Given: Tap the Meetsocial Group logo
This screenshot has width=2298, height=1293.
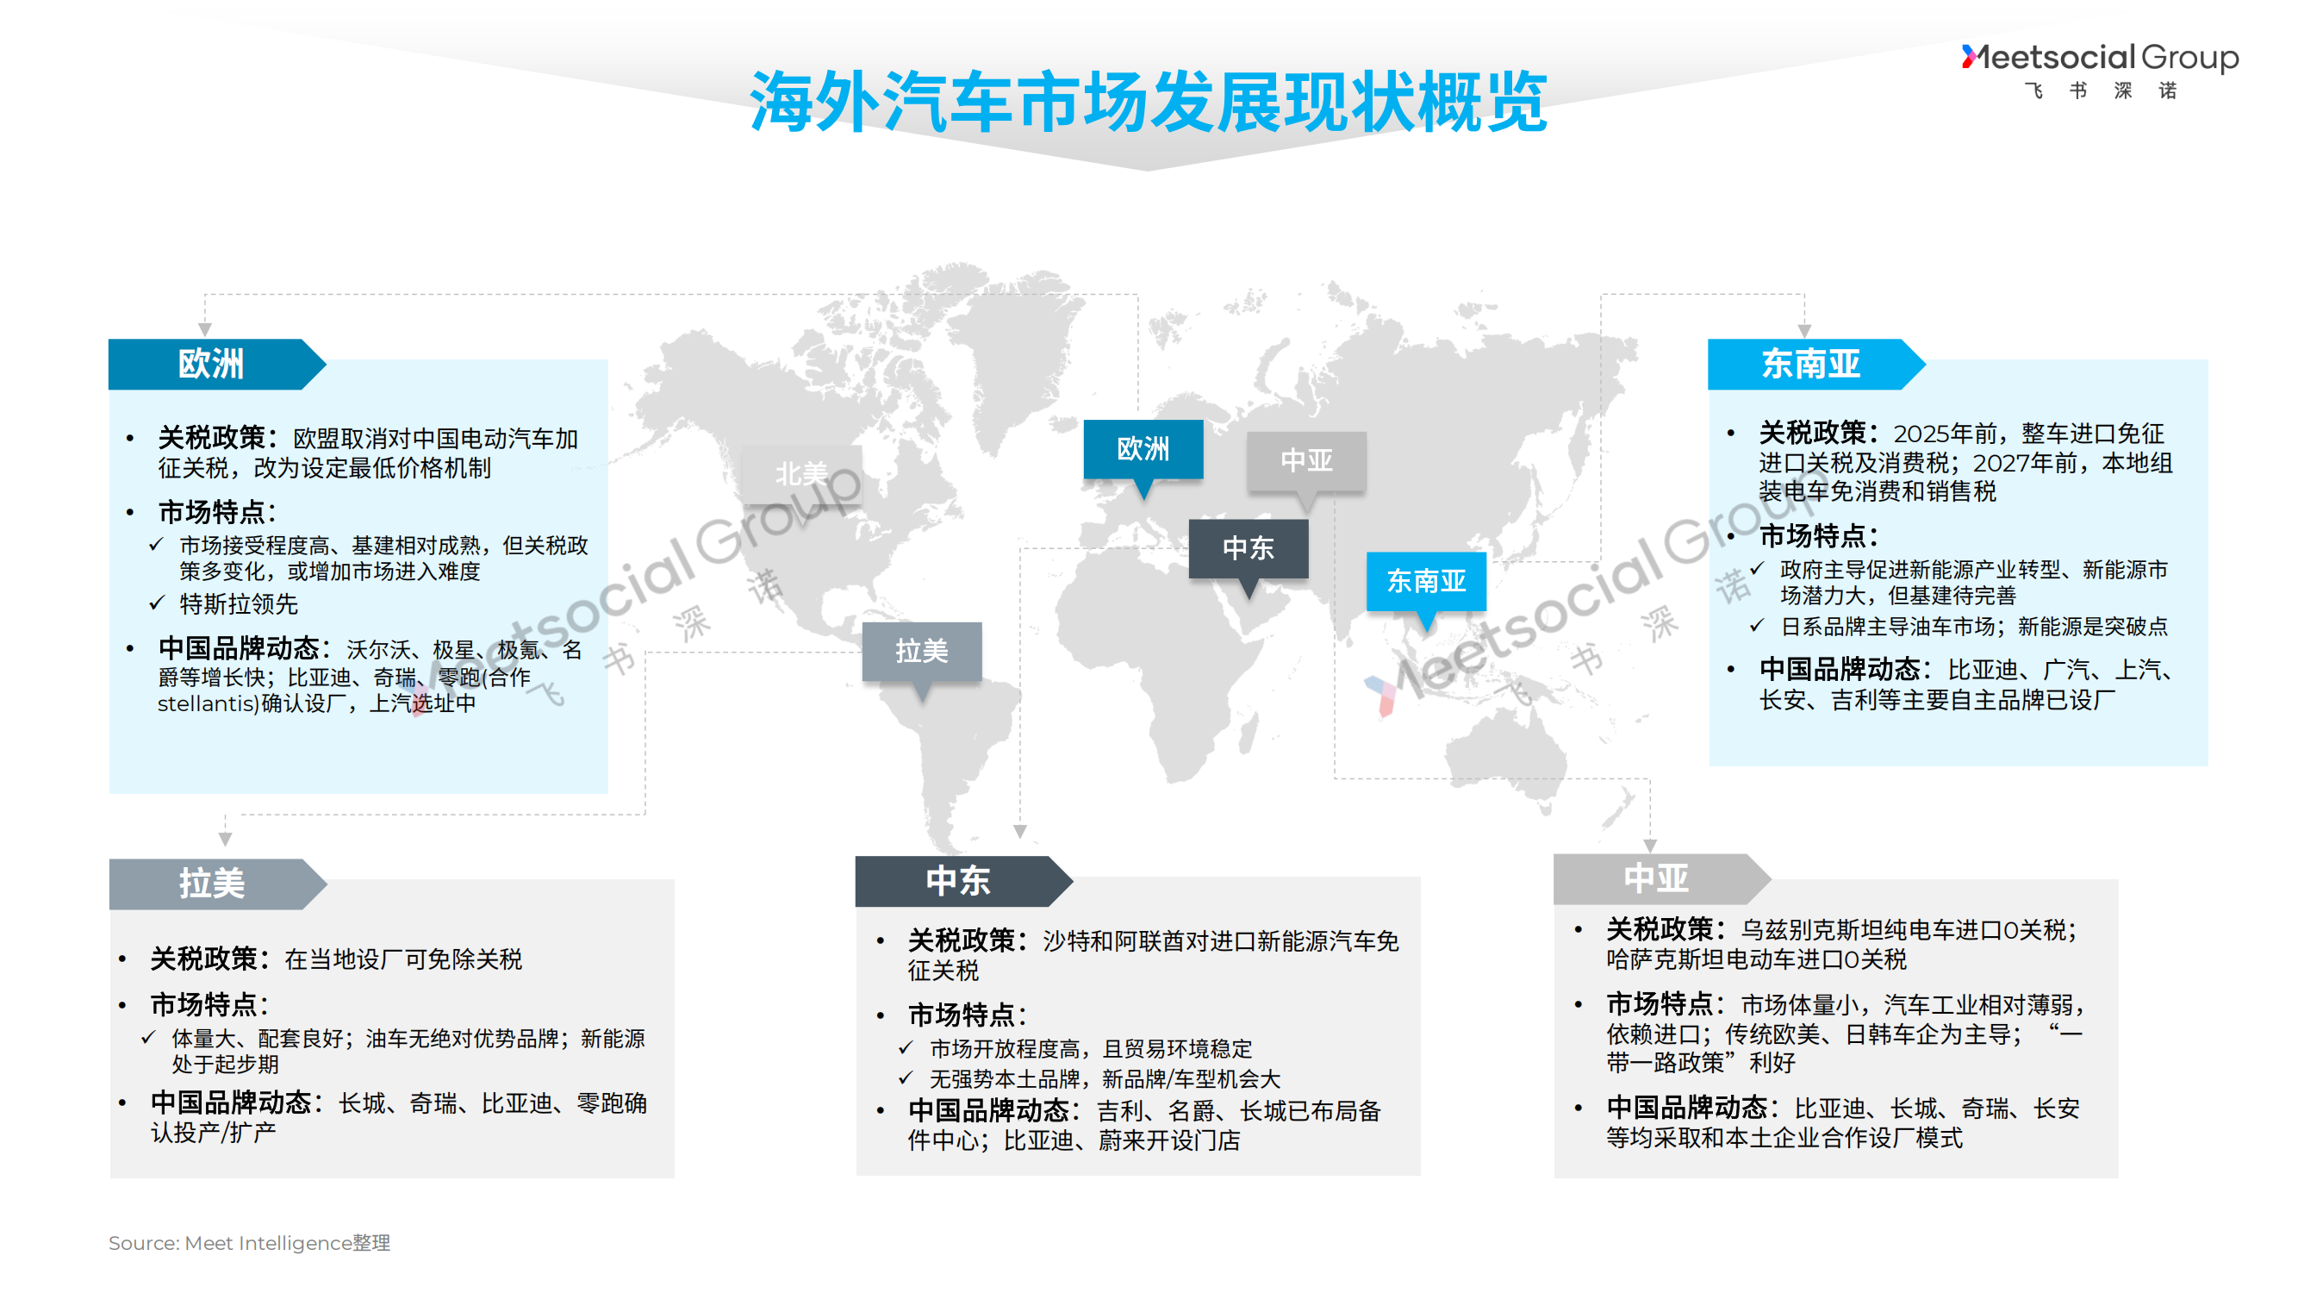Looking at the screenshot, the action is click(x=2100, y=71).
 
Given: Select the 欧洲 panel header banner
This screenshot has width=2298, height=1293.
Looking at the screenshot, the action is click(x=217, y=364).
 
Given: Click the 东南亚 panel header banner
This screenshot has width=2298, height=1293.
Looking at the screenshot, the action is click(x=1816, y=364).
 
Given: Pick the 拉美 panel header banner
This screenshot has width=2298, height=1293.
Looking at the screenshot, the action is click(x=218, y=884).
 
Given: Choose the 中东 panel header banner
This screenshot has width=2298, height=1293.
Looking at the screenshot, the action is click(x=963, y=881).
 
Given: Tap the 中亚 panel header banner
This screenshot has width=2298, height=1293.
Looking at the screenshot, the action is click(x=1661, y=879).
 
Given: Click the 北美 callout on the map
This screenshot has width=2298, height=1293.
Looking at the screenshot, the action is click(x=801, y=475).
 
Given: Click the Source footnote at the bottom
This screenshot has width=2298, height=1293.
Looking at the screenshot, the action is click(x=250, y=1243).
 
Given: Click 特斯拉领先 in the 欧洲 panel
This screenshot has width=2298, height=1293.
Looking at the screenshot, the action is click(x=239, y=604).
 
